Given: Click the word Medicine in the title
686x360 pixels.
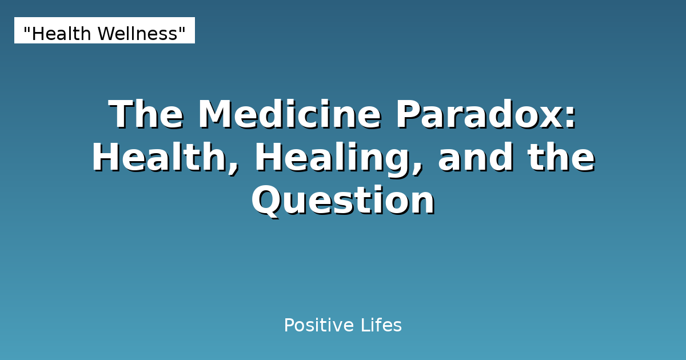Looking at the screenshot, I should point(289,115).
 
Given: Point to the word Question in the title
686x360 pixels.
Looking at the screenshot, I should point(343,201).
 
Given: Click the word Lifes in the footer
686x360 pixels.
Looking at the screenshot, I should point(381,326).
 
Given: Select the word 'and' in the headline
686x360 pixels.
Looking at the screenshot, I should point(476,158).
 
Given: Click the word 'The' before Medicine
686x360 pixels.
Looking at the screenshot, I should point(146,115).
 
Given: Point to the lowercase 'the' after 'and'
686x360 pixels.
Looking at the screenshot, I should point(561,158).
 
